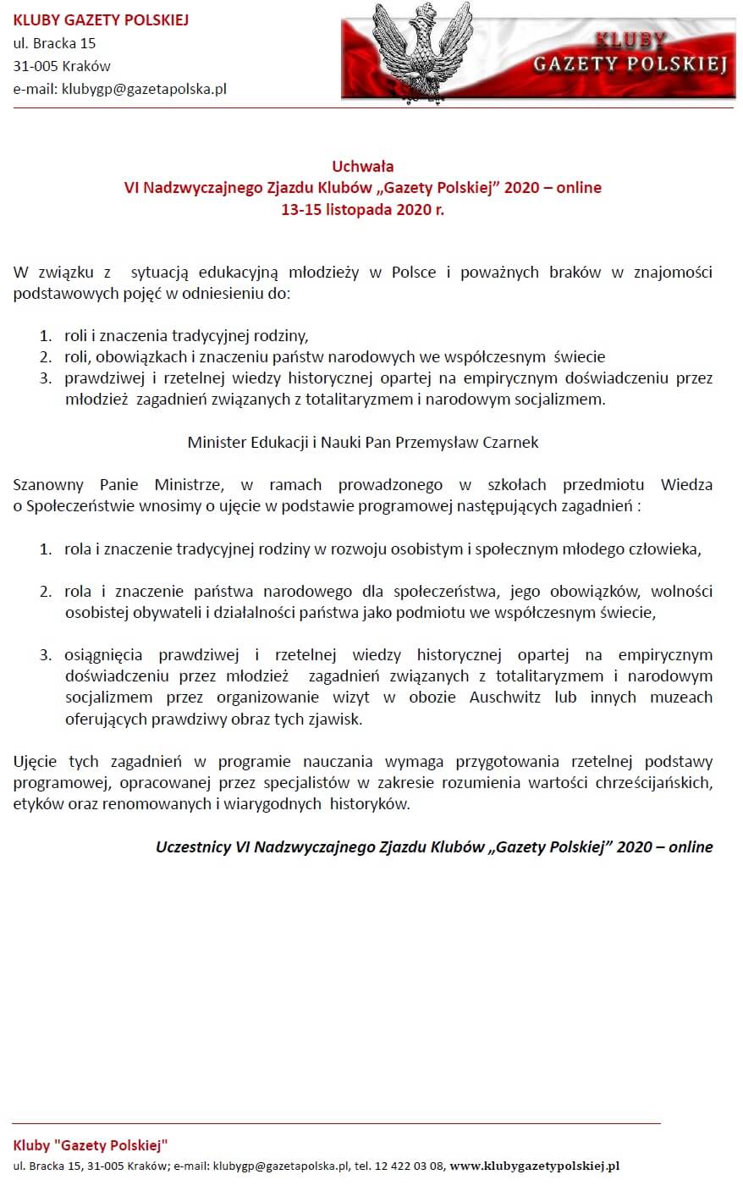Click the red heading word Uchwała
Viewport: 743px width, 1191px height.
pos(362,166)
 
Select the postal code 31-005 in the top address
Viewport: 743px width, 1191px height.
pos(36,66)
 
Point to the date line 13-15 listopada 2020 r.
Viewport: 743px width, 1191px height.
pos(362,210)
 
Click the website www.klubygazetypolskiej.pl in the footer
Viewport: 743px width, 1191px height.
pos(534,1166)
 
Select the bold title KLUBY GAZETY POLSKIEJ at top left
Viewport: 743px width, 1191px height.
pos(101,20)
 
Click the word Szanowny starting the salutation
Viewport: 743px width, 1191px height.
pos(47,485)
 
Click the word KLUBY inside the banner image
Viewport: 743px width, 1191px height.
pos(630,40)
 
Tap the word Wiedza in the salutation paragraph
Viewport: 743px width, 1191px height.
pos(686,485)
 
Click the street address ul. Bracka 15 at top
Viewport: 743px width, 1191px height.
pos(54,43)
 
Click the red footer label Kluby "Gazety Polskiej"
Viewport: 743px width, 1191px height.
pos(91,1145)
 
